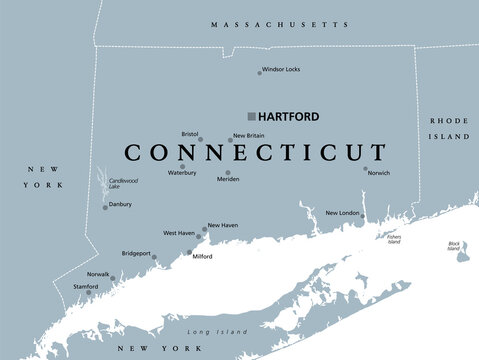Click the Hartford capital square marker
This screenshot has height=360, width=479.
[252, 116]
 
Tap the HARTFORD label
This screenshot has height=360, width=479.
[289, 116]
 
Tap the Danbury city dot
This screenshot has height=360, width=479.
[105, 207]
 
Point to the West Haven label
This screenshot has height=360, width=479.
[179, 233]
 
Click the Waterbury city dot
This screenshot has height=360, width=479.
[182, 167]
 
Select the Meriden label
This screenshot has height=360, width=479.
[228, 179]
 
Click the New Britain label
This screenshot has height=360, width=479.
[248, 135]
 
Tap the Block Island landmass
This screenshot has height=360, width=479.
[461, 255]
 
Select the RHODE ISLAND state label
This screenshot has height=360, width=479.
[448, 127]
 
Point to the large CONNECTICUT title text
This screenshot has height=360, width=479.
[255, 153]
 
